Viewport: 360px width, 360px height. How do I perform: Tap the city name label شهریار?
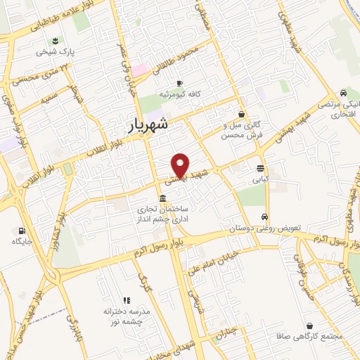[x=149, y=125]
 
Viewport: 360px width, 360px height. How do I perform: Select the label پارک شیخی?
[x=57, y=51]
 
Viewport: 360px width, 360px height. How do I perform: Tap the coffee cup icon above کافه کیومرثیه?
[x=180, y=82]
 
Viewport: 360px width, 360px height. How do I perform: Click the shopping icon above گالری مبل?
[x=242, y=113]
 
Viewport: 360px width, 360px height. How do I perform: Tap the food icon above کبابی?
[x=261, y=168]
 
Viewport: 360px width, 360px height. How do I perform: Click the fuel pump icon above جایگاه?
[x=22, y=230]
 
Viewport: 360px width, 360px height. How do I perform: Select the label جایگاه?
[x=22, y=241]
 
